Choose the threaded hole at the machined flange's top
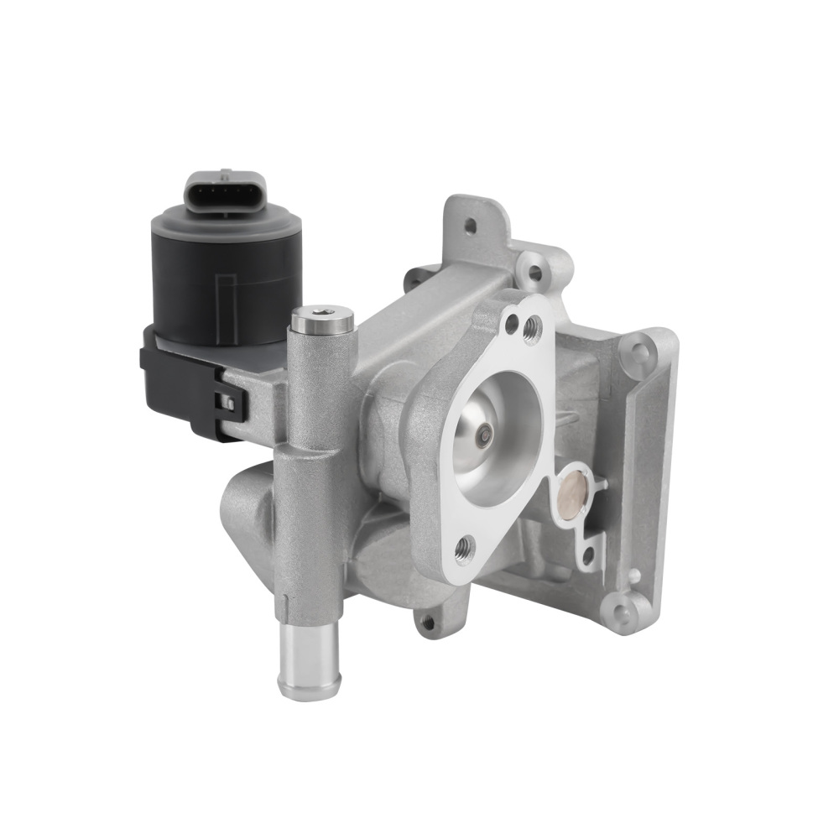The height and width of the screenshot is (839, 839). [531, 331]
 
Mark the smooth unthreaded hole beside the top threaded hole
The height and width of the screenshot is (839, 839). [512, 320]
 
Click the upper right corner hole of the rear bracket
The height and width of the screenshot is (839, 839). [641, 349]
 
